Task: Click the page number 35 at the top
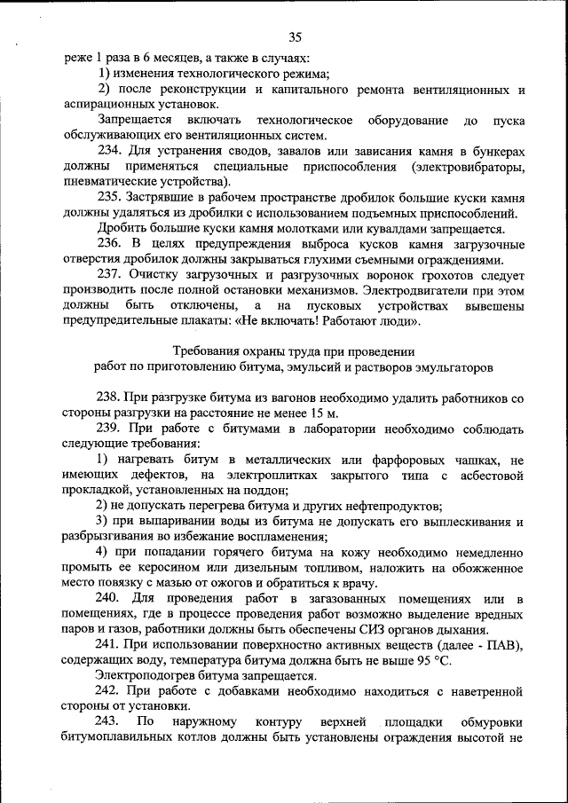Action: [x=296, y=36]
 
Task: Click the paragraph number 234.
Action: [x=110, y=152]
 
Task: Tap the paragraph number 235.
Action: [x=110, y=197]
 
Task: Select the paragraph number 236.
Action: [x=110, y=243]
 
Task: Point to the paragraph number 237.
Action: [x=110, y=273]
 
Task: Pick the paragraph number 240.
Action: [x=110, y=599]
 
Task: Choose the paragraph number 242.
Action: [x=110, y=690]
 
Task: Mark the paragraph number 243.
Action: [x=110, y=720]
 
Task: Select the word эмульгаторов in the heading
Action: [x=451, y=366]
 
